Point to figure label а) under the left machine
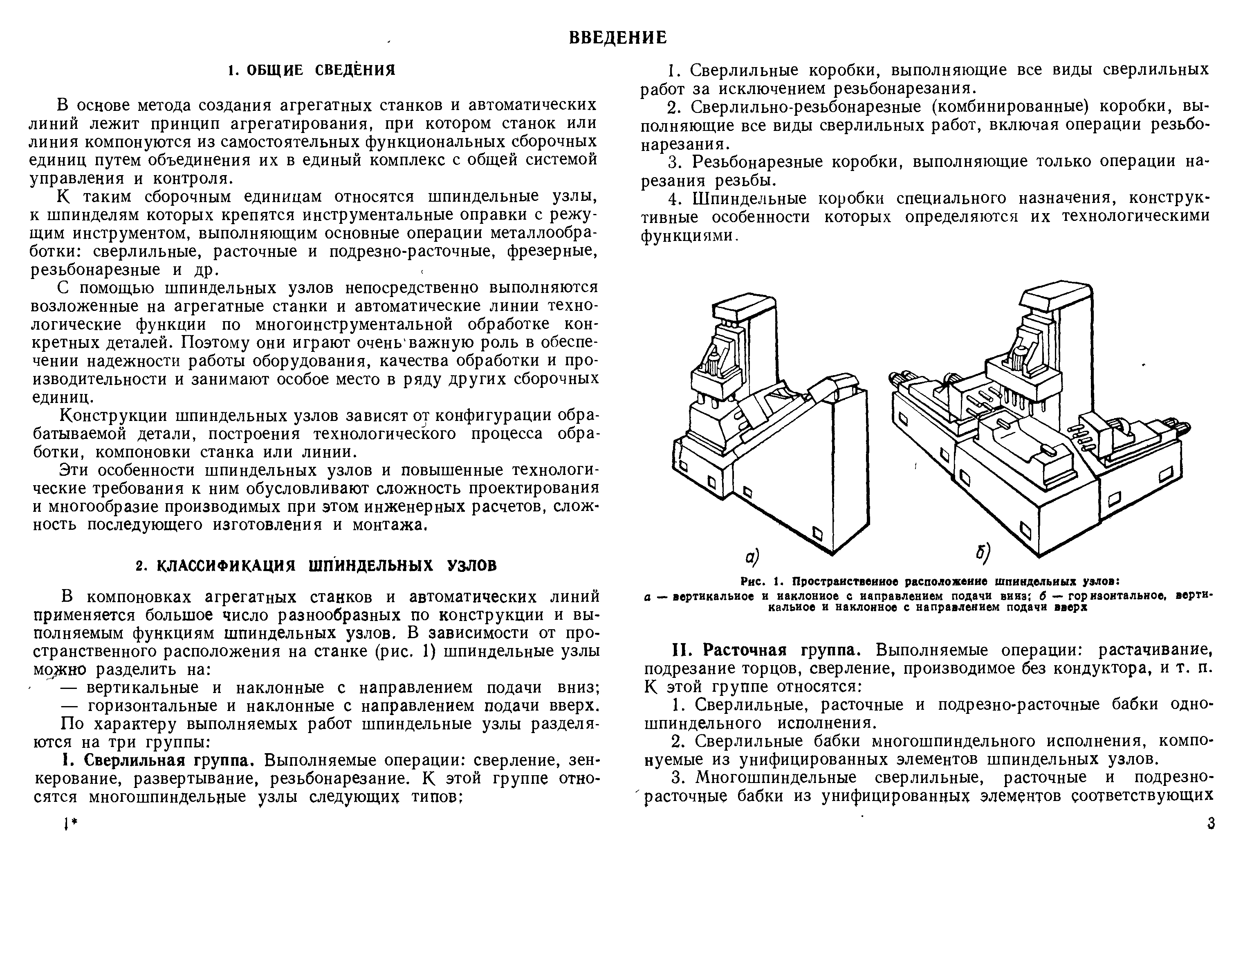[x=752, y=556]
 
